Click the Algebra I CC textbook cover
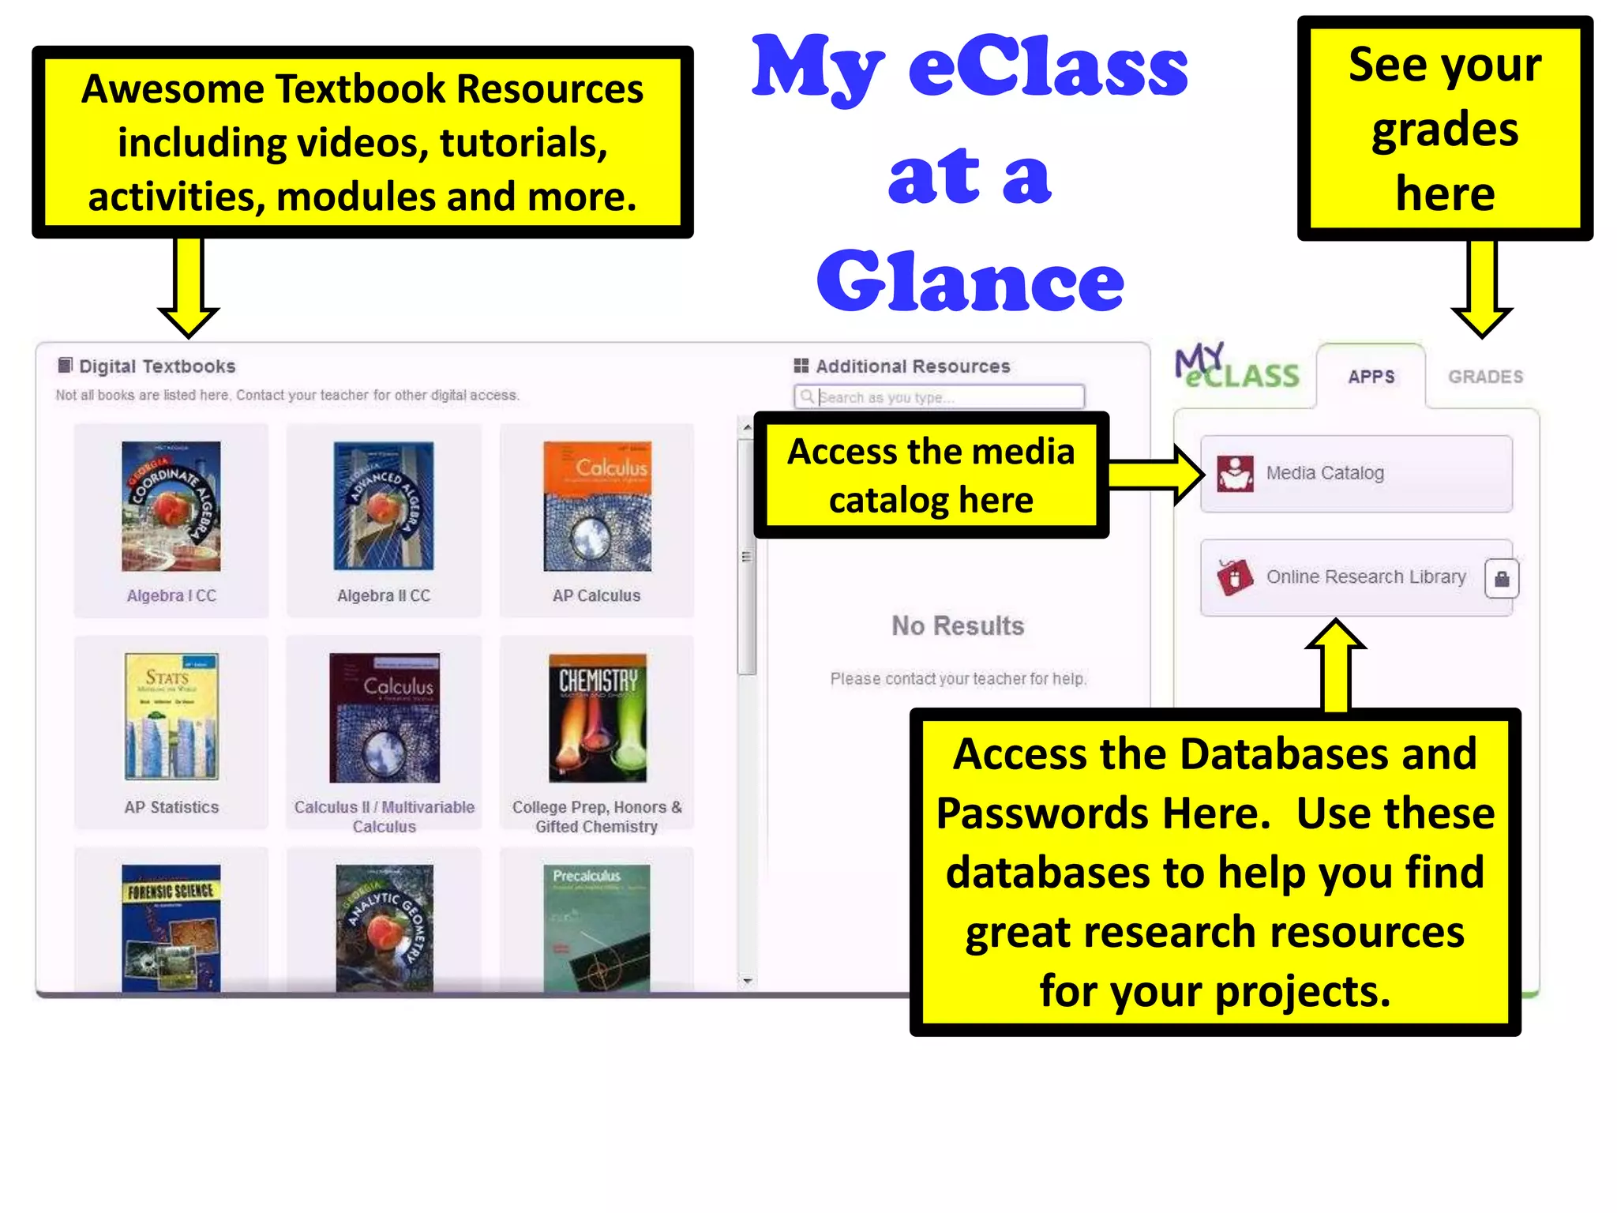171,506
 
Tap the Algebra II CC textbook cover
384,506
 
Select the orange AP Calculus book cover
597,506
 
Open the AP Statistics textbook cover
171,717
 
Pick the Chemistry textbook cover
598,717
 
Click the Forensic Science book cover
171,928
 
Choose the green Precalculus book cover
597,928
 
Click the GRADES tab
1485,377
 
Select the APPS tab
1371,377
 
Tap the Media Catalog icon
1235,473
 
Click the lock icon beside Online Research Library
1502,579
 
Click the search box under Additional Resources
940,396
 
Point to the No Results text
958,625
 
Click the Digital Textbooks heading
157,366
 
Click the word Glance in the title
970,282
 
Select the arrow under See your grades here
1482,289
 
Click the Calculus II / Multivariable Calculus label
385,817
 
